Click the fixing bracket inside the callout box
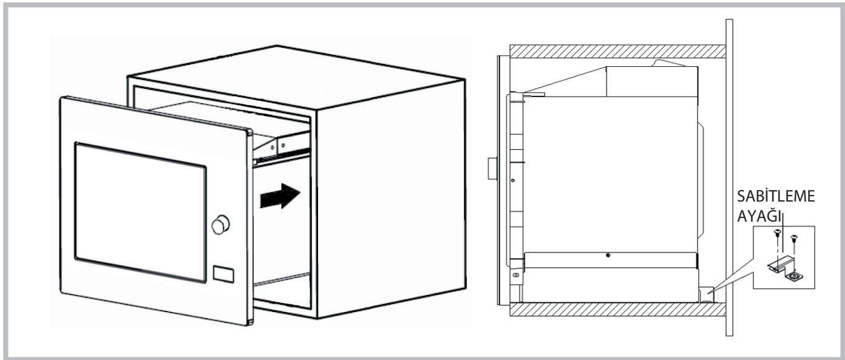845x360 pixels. (x=776, y=265)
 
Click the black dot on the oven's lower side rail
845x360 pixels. (x=608, y=255)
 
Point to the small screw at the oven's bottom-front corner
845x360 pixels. (x=515, y=274)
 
